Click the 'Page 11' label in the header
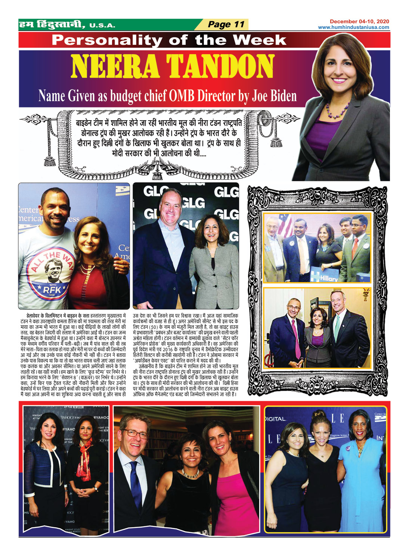[x=226, y=25]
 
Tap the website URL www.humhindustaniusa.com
[x=353, y=27]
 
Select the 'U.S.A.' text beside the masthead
[x=102, y=26]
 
